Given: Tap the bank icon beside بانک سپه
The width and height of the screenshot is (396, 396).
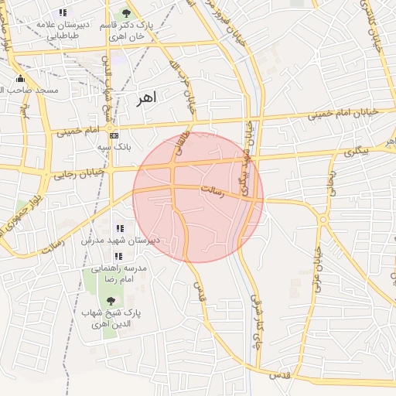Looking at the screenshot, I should [x=114, y=135].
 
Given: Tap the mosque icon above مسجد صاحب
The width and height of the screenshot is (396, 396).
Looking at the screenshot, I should [x=20, y=79].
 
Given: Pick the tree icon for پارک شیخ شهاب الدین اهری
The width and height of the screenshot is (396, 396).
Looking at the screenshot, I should [x=109, y=301].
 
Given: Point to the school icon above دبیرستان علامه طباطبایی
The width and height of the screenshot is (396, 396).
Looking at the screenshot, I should [x=63, y=13].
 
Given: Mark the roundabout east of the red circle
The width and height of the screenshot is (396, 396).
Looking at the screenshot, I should [x=323, y=220].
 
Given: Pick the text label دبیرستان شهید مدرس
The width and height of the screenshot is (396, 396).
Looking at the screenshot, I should [x=132, y=241].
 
